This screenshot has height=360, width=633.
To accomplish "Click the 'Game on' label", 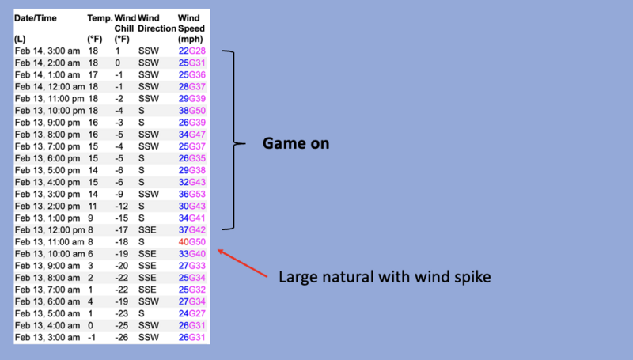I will point(295,145).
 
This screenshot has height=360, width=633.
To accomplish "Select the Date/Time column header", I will point(36,17).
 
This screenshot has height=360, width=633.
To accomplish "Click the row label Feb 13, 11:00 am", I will point(48,241).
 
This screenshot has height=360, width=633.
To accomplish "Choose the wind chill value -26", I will point(122,338).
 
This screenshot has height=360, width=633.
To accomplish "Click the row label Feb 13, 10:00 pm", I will point(48,110).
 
